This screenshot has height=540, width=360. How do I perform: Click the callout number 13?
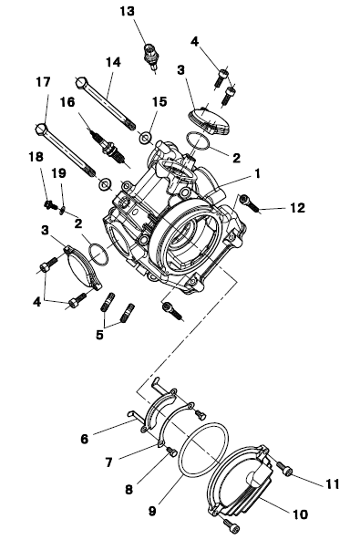[127, 11]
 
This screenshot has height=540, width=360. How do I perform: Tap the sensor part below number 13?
[150, 57]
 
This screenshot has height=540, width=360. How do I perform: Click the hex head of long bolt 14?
[80, 83]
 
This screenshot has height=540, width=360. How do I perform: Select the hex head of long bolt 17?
[41, 129]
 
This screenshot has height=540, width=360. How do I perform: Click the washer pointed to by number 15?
[145, 138]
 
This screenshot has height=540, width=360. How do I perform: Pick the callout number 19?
[59, 173]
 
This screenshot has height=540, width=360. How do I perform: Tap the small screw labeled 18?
[50, 204]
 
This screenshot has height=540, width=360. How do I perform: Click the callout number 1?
[257, 174]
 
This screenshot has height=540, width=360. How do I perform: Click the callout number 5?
[99, 335]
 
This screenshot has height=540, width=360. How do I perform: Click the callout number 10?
[300, 514]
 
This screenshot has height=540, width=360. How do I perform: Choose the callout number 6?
[85, 439]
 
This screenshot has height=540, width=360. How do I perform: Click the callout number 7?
[109, 462]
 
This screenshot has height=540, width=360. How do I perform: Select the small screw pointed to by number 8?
[171, 452]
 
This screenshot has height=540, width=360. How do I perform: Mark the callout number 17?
[44, 82]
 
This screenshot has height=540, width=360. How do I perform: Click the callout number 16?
[67, 102]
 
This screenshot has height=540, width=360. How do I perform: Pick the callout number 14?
[113, 62]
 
